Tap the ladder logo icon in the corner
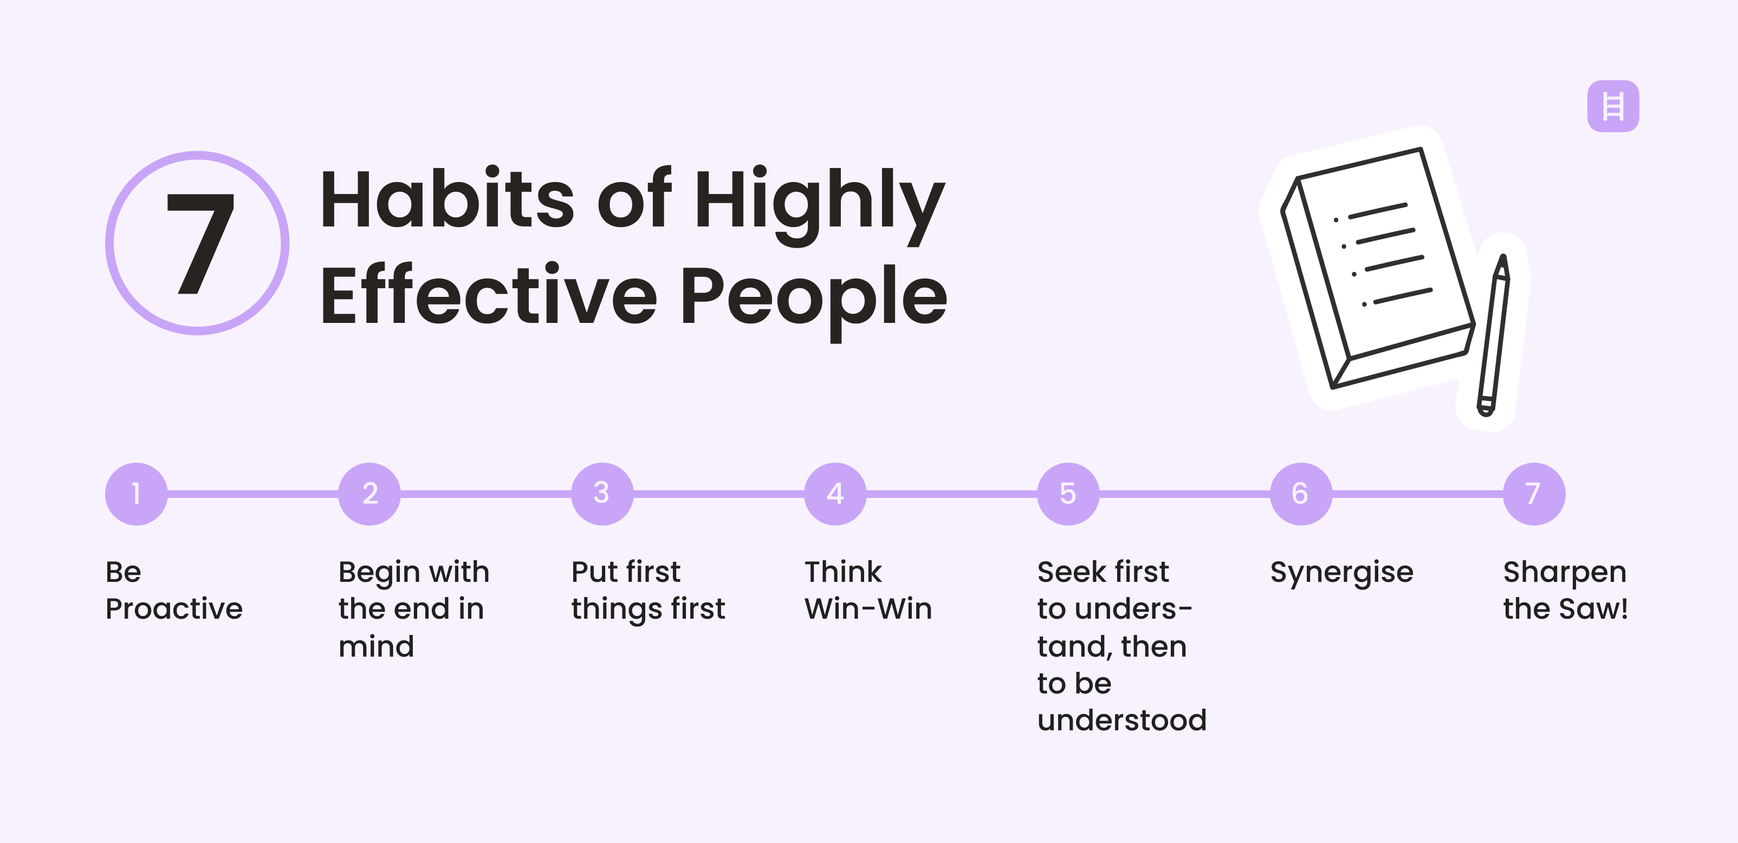pos(1612,106)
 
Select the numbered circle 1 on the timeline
pos(137,494)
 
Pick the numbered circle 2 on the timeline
pos(369,494)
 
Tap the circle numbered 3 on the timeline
pos(602,494)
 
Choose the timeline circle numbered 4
pos(835,494)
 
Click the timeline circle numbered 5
pos(1068,494)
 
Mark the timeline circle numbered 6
pos(1301,494)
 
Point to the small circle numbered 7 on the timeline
pos(1534,494)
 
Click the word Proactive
pos(174,609)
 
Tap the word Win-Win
pos(868,609)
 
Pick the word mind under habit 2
pos(377,646)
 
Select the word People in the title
pos(813,297)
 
